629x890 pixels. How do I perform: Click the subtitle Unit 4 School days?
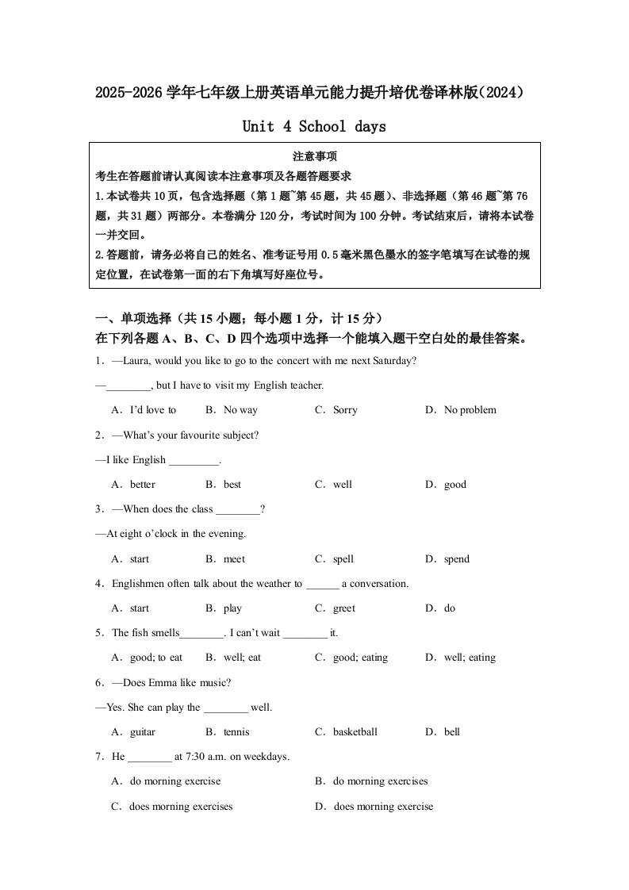point(314,126)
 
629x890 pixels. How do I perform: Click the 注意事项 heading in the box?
point(315,156)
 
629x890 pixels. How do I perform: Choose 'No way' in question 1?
point(240,410)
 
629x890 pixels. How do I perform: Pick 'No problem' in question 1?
point(470,410)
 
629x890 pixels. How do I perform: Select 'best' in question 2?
point(232,485)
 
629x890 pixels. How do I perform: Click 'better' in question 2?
point(143,485)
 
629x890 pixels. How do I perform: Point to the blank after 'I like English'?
point(194,460)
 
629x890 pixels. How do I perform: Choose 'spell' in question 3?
point(343,559)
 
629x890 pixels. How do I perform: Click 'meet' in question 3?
point(234,559)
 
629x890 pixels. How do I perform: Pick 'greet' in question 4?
point(344,608)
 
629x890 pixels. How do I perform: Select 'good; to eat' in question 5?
point(155,658)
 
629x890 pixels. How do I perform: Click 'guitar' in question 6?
point(143,732)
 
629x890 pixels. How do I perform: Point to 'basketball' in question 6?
point(355,732)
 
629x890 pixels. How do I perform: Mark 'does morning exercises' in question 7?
point(181,807)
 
